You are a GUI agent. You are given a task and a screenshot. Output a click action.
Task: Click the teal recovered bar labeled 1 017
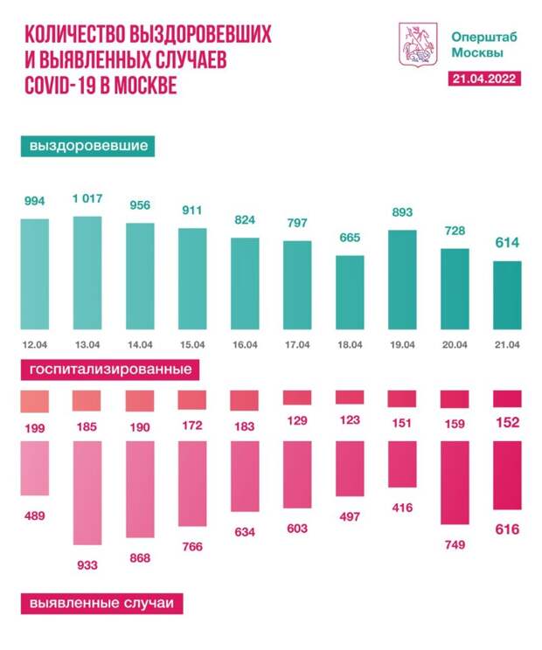(87, 272)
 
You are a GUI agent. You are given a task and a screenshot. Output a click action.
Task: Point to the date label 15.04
(192, 344)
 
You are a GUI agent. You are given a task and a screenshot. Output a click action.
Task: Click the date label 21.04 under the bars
(507, 344)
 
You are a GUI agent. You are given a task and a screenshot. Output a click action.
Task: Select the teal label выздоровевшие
(87, 146)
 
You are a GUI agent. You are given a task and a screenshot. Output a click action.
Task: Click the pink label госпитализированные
(110, 370)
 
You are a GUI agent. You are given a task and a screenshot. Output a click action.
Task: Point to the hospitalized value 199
(35, 430)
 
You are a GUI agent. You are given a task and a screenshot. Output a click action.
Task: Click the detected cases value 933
(87, 565)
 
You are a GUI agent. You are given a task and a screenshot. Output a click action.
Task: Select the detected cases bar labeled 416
(402, 464)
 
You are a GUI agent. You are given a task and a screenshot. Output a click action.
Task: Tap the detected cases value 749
(455, 545)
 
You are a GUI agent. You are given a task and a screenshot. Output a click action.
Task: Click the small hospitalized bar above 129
(297, 398)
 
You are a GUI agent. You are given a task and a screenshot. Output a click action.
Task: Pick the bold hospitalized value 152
(507, 423)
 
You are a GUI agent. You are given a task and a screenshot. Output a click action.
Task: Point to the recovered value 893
(402, 212)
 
